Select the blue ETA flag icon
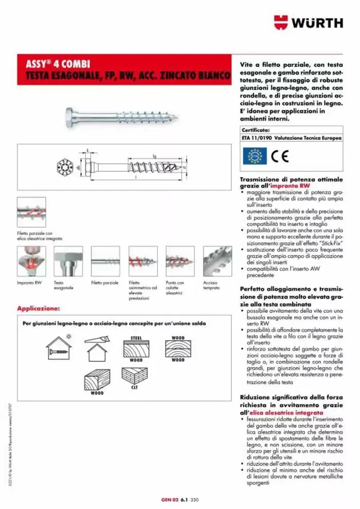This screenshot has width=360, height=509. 254,156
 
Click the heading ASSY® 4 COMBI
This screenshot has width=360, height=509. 58,64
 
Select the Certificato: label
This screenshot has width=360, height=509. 256,131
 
